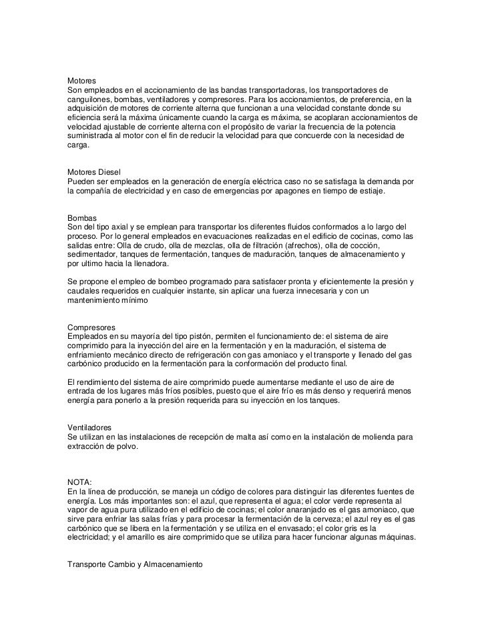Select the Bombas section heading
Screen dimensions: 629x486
tap(83, 219)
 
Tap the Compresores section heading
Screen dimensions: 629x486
tap(92, 328)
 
